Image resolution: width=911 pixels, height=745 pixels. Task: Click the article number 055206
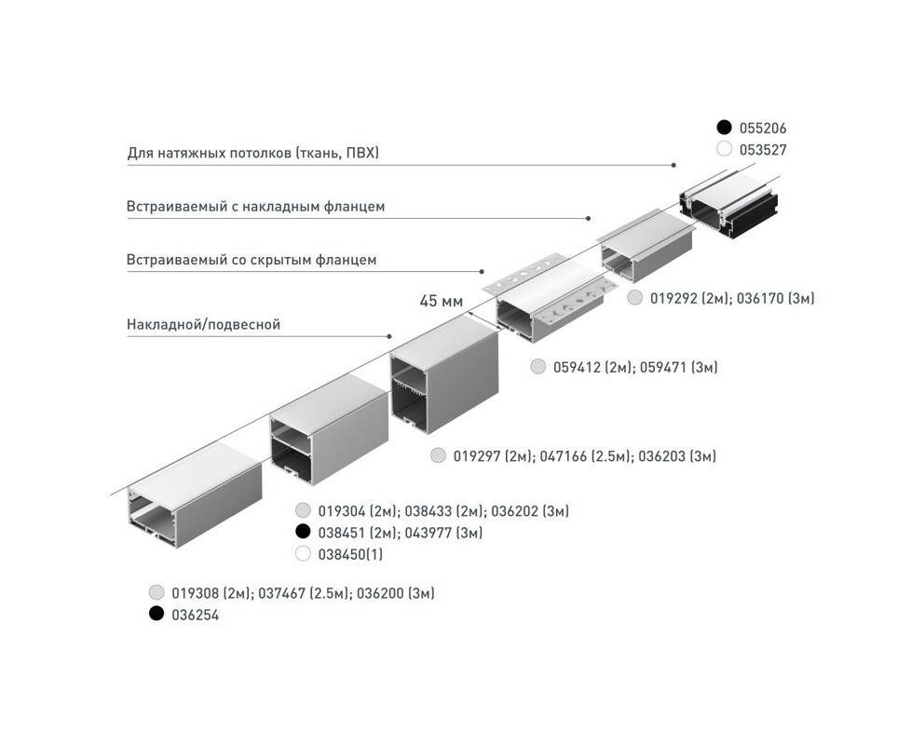pos(763,129)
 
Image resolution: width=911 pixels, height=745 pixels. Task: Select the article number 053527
pos(763,150)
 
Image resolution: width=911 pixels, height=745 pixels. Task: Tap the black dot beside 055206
pos(724,128)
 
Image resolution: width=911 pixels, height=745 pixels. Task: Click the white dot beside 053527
pos(724,149)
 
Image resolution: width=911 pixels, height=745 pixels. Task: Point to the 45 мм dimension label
pos(441,302)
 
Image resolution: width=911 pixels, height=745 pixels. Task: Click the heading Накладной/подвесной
pos(203,325)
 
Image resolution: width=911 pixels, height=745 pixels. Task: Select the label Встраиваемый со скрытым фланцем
pos(252,260)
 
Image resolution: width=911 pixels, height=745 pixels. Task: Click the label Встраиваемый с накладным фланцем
pos(255,206)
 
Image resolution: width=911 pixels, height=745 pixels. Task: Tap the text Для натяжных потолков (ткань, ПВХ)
pos(252,154)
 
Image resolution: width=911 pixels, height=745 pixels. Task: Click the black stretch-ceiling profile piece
pos(729,205)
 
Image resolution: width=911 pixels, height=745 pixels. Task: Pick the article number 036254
pos(196,615)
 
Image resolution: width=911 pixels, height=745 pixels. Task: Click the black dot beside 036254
pos(156,613)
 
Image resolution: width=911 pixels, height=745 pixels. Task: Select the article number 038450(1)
pos(350,554)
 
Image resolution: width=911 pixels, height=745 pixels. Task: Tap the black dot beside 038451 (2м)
pos(303,531)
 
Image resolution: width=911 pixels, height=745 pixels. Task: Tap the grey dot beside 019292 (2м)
pos(635,298)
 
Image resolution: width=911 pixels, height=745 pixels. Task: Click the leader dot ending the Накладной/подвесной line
pos(389,336)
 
